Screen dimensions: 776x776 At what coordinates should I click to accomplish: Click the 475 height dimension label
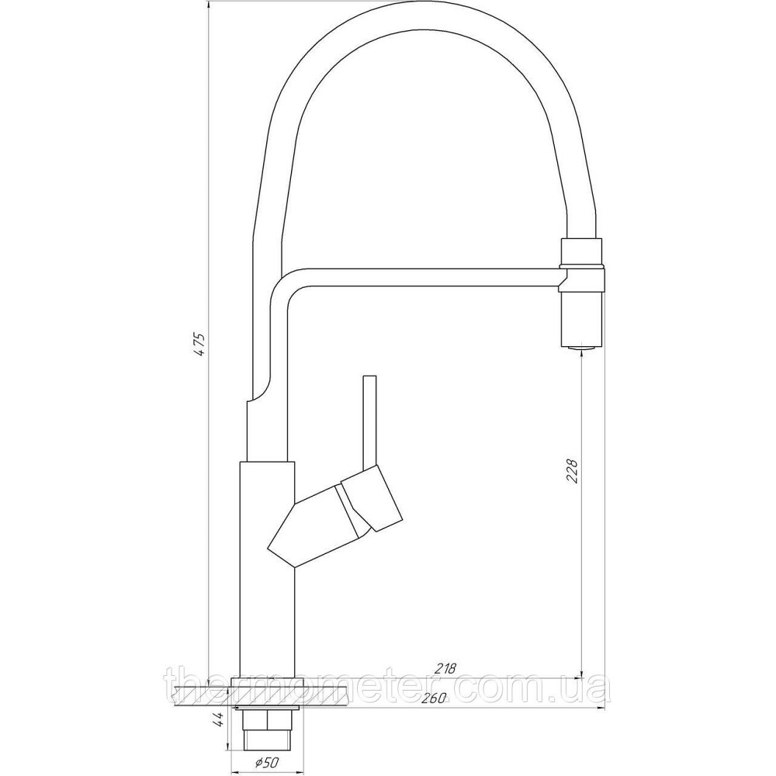click(199, 345)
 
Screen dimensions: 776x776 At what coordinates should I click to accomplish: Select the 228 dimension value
click(572, 472)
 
